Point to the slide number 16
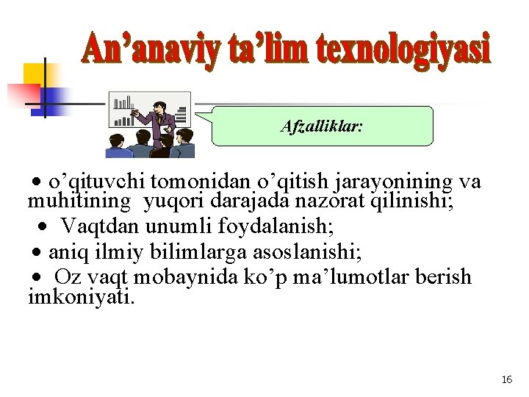coord(506,379)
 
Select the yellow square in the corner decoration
coord(35,74)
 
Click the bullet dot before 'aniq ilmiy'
coord(36,254)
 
